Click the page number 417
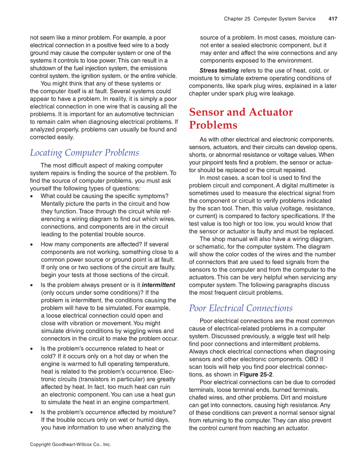332,19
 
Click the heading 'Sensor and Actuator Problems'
240,118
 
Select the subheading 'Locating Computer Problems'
84,153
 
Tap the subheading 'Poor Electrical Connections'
240,308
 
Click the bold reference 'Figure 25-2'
256,374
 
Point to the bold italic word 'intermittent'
158,285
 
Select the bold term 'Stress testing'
219,70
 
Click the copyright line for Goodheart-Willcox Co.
70,444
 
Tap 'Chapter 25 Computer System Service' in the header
270,19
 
